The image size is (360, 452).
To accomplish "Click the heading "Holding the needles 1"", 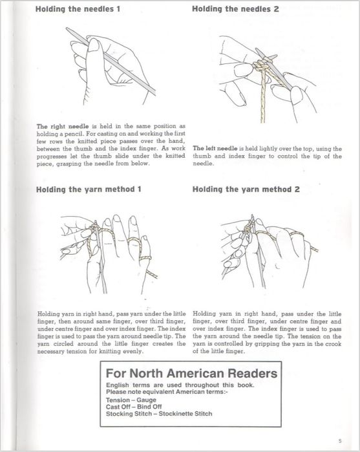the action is tap(78, 9).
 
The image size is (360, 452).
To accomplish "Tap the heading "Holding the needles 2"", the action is tap(235, 9).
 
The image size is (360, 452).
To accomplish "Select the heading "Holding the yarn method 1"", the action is tap(89, 189).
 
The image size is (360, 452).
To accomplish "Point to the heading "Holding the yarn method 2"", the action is tap(246, 189).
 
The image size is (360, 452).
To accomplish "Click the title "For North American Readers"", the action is tap(191, 373).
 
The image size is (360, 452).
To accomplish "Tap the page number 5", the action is tap(340, 441).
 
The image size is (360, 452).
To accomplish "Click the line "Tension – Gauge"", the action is tap(131, 400).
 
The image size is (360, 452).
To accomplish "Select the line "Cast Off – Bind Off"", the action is tap(134, 407).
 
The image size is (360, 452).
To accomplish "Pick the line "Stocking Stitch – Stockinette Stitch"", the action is tap(159, 414).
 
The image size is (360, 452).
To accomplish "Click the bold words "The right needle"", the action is tap(63, 126).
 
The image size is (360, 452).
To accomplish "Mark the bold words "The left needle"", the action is tap(215, 149).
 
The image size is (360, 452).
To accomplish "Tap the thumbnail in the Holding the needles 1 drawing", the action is tap(94, 45).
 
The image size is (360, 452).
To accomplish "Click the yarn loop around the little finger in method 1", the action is tap(145, 258).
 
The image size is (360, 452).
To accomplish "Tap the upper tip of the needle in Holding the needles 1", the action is tap(67, 28).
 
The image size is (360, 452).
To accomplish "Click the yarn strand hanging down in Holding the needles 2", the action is tap(263, 98).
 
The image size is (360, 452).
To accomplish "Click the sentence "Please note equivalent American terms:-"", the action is tap(167, 392).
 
